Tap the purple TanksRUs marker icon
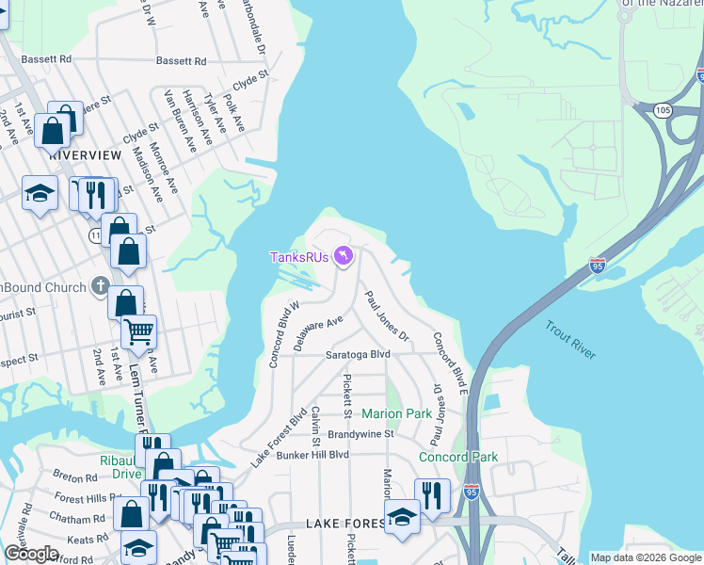click(344, 255)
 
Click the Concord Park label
click(457, 458)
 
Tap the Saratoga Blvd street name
click(357, 355)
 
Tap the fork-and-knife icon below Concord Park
click(431, 495)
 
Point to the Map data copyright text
click(646, 557)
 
